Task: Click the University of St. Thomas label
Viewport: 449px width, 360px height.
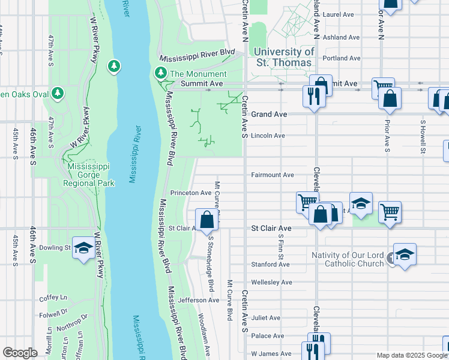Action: coord(283,56)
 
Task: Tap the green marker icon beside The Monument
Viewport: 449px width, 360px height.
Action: coord(160,74)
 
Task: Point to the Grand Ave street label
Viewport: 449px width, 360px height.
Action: coord(269,114)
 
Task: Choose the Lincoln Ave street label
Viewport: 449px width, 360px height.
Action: coord(268,136)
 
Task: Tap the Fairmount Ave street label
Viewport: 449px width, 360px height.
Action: coord(272,175)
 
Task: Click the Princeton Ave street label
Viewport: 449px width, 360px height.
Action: coord(191,193)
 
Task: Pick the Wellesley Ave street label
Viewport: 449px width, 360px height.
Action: coord(271,282)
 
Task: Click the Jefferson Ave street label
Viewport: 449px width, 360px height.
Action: coord(198,300)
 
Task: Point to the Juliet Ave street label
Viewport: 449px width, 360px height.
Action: coord(266,318)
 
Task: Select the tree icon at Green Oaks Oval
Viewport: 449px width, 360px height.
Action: coord(57,93)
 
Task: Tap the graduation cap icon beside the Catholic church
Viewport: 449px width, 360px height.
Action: coord(405,254)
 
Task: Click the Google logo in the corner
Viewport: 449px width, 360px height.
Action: coord(20,353)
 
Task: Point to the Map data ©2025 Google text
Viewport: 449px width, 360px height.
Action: coord(411,355)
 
